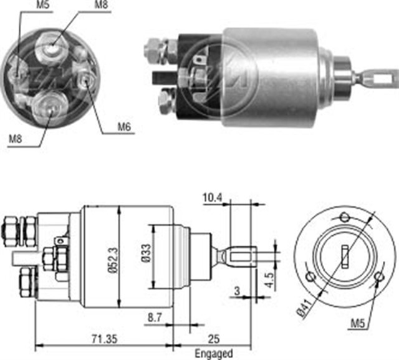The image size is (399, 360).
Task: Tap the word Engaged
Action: click(x=214, y=353)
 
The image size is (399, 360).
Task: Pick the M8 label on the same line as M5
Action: click(x=100, y=6)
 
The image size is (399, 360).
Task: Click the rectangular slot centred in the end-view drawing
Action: click(x=344, y=256)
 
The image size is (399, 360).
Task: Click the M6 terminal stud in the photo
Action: click(x=86, y=78)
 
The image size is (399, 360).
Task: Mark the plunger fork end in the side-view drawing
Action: click(x=243, y=256)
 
